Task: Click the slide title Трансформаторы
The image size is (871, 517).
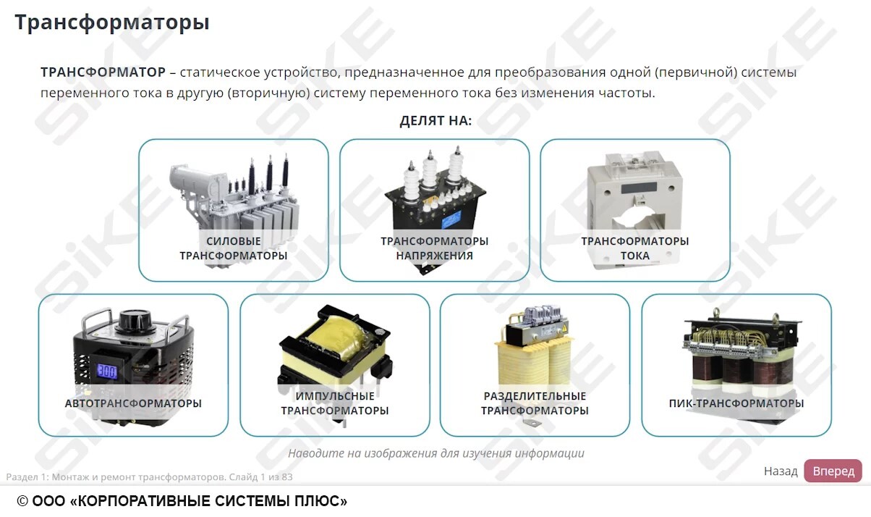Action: tap(112, 22)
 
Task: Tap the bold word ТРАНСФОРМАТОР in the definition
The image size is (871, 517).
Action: tap(103, 72)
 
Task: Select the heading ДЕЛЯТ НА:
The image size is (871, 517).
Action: tap(436, 120)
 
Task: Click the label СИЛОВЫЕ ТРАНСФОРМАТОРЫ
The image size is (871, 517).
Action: tap(233, 248)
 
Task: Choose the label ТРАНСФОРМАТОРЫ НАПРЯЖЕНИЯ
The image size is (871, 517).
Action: tap(434, 248)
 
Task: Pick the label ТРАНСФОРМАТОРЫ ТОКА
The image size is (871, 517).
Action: tap(634, 248)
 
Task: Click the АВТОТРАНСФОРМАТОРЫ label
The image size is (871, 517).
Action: tap(133, 403)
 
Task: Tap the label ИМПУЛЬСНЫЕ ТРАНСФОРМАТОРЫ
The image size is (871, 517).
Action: tap(334, 403)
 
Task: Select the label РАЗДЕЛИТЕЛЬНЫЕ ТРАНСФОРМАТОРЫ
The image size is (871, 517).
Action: tap(535, 403)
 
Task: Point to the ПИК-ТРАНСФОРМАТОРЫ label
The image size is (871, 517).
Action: tap(736, 403)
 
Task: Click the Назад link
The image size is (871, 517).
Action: tap(781, 471)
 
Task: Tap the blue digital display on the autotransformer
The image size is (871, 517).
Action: tap(107, 371)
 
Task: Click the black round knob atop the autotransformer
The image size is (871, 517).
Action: tap(133, 319)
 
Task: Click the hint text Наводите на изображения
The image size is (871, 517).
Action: tap(436, 453)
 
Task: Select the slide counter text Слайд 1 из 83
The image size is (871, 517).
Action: tap(260, 477)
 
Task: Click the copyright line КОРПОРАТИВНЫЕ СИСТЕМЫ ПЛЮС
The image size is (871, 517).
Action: tap(182, 501)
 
